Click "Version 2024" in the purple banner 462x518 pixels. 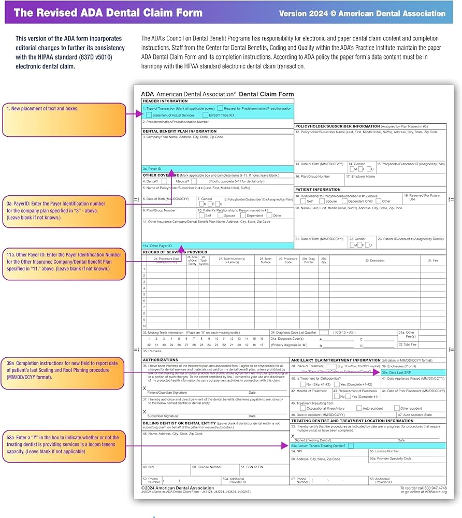(x=303, y=13)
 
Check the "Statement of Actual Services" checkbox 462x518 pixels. (x=149, y=115)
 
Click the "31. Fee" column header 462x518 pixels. (x=432, y=261)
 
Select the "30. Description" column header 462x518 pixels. (x=374, y=261)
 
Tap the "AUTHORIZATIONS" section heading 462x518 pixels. (x=161, y=360)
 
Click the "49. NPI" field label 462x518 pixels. (x=148, y=467)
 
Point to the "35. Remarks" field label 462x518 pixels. (x=152, y=351)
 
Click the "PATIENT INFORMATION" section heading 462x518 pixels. (x=318, y=190)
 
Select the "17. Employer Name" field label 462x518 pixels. (x=360, y=177)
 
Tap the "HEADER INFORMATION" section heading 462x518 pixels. (x=166, y=101)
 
